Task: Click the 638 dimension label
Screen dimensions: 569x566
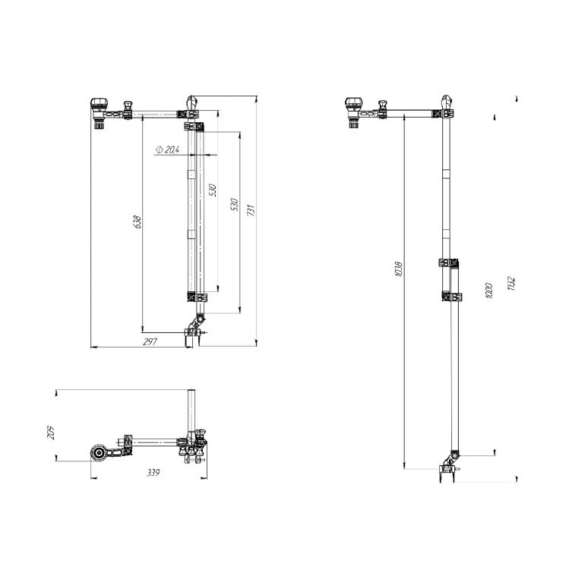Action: coord(138,222)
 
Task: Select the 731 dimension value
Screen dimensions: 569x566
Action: coord(251,210)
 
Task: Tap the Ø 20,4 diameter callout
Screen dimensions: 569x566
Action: coord(167,149)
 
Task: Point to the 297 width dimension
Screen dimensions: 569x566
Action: coord(150,341)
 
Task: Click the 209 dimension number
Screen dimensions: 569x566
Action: coord(51,432)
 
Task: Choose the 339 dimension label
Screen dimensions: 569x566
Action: coord(153,473)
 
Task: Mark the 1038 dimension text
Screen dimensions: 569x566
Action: coord(398,269)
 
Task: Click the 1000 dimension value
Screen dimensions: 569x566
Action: coord(488,291)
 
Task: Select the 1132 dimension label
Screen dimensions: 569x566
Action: coord(511,284)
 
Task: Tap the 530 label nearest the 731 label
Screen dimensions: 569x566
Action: coord(235,204)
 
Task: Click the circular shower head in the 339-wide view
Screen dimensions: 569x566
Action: coord(98,453)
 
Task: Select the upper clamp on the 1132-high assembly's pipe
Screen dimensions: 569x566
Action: coord(448,263)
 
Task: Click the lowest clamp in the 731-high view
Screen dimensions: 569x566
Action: coord(198,297)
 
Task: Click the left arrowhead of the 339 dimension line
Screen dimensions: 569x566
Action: coord(93,478)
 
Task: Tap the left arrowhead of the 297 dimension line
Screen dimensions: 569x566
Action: coord(93,347)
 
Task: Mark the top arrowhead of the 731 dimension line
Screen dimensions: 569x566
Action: coord(257,99)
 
